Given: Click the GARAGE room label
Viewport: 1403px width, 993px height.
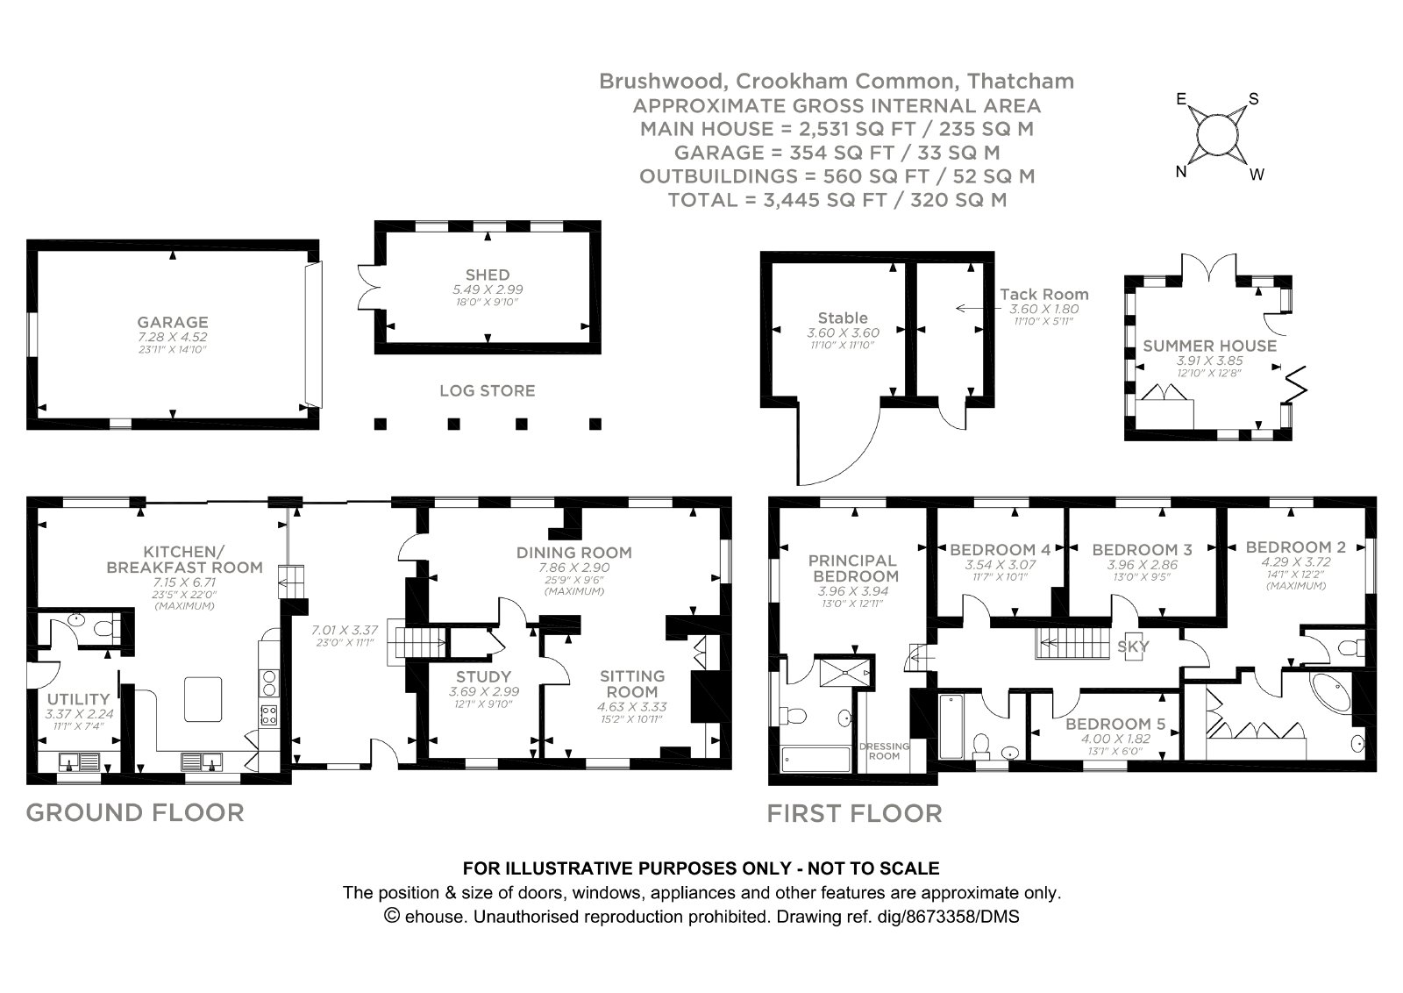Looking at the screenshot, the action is pos(173,322).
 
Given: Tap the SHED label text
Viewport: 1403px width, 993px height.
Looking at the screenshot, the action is pos(488,275).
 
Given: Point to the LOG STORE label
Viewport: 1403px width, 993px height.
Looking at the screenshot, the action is pos(488,390).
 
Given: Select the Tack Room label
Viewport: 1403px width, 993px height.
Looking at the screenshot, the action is pos(1044,295).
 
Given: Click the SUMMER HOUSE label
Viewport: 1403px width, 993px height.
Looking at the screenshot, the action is pos(1210,346).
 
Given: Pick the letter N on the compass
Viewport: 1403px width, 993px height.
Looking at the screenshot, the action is pos(1181,172).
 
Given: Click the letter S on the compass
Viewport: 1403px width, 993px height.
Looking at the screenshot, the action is pos(1254,99).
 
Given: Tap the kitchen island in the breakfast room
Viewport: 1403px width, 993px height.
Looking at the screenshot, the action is pos(203,699).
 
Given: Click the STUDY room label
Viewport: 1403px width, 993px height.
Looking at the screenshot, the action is pos(483,676).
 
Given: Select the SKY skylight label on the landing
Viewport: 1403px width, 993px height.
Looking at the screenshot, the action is pos(1133,647).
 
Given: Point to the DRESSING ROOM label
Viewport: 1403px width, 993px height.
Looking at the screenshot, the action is pos(884,751).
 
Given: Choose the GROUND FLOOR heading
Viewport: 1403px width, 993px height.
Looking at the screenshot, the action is pos(135,812).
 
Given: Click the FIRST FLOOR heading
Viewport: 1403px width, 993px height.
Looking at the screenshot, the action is pos(855,813).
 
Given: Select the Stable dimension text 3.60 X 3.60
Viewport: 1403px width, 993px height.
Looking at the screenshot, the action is pos(843,333).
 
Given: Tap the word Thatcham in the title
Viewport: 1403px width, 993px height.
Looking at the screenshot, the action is pos(1021,82).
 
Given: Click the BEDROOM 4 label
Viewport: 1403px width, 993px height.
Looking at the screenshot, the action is pos(1001,550).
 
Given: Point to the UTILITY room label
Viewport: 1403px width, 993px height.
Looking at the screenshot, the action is pos(80,699).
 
